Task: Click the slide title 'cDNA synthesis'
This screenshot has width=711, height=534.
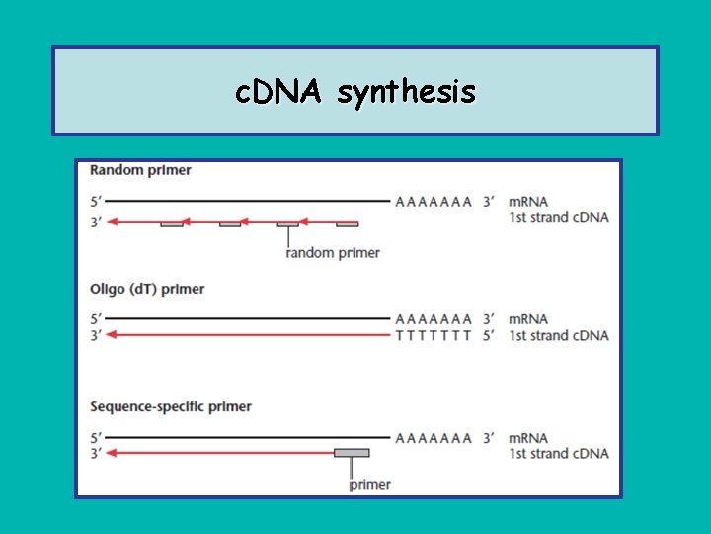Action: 355,92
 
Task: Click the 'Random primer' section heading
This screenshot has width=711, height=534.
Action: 140,170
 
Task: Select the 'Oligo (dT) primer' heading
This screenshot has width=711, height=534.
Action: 147,289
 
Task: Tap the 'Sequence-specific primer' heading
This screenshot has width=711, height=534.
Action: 171,406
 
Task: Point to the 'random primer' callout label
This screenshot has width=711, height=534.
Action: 333,252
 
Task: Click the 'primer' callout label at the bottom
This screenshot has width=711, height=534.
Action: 370,484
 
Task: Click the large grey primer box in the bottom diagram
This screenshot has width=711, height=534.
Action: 352,453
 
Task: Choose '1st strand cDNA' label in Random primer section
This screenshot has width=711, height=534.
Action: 558,217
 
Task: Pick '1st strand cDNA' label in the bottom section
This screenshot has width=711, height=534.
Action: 558,453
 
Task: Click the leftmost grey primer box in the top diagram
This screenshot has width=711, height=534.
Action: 172,224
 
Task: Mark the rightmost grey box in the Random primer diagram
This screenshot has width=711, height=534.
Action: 347,224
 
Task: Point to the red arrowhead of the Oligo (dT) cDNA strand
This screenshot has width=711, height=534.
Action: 112,335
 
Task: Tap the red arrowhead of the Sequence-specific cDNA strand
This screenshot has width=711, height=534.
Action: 112,453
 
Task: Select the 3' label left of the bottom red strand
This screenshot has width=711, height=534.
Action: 95,453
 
